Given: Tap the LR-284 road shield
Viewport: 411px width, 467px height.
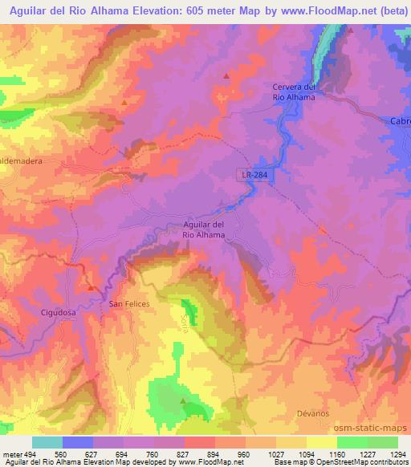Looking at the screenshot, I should pyautogui.click(x=253, y=173).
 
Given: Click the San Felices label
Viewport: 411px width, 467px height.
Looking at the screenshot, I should pyautogui.click(x=129, y=305).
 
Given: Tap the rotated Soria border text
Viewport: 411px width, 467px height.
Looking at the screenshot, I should pyautogui.click(x=184, y=323).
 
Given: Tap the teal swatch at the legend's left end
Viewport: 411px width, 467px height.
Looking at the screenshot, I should pyautogui.click(x=47, y=442).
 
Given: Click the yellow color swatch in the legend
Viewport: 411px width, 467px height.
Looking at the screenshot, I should pyautogui.click(x=321, y=442).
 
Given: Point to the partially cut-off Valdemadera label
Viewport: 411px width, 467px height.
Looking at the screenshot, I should pyautogui.click(x=20, y=160).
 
